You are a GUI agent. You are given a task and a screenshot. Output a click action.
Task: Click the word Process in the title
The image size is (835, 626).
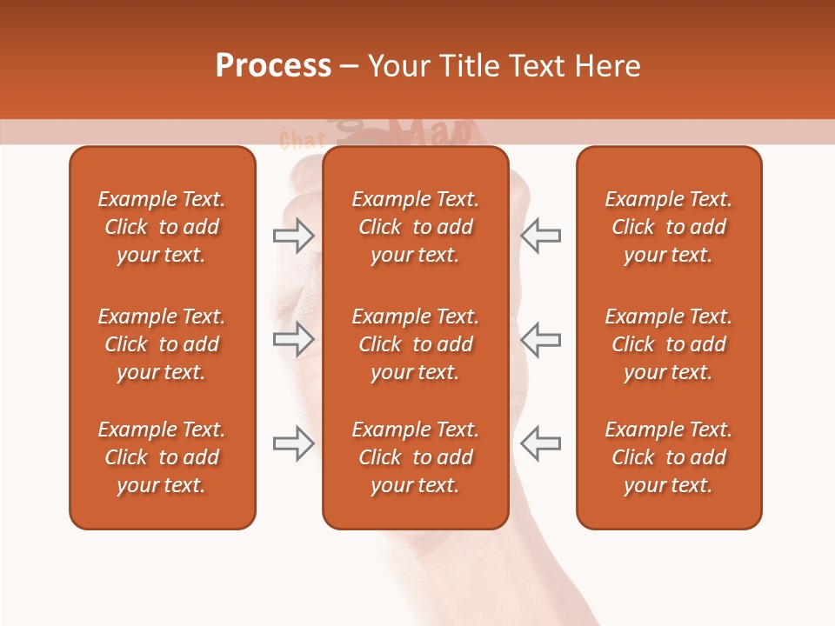coord(273,66)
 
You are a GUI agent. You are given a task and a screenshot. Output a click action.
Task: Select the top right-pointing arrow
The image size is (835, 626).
coord(294,236)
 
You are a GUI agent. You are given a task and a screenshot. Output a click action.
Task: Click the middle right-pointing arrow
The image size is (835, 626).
coord(294,339)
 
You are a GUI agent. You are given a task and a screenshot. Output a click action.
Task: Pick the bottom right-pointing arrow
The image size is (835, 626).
coord(294,443)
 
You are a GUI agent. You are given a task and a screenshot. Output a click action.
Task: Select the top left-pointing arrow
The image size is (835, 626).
coord(540,236)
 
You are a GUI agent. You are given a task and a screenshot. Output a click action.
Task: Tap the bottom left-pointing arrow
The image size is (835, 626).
coord(540,443)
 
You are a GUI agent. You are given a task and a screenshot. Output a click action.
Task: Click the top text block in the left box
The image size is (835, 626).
coord(162,227)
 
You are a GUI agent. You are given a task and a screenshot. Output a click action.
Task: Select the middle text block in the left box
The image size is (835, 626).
coord(162,344)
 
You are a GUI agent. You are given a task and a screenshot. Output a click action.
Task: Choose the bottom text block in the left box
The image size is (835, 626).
coord(162,457)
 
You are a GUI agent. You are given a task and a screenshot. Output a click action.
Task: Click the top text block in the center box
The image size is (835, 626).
coord(416,227)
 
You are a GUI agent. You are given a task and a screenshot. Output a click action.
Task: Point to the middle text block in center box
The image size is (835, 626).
coord(416,344)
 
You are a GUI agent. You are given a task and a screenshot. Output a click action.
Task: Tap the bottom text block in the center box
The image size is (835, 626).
coord(416,457)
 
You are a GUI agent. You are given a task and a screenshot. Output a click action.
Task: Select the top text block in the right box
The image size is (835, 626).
coord(669,227)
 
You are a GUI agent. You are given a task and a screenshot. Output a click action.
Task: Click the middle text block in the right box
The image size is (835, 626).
coord(669,344)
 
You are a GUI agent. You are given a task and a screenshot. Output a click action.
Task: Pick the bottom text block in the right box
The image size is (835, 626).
coord(669,457)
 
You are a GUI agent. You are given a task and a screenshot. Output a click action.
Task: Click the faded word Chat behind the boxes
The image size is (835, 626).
coord(302,140)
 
